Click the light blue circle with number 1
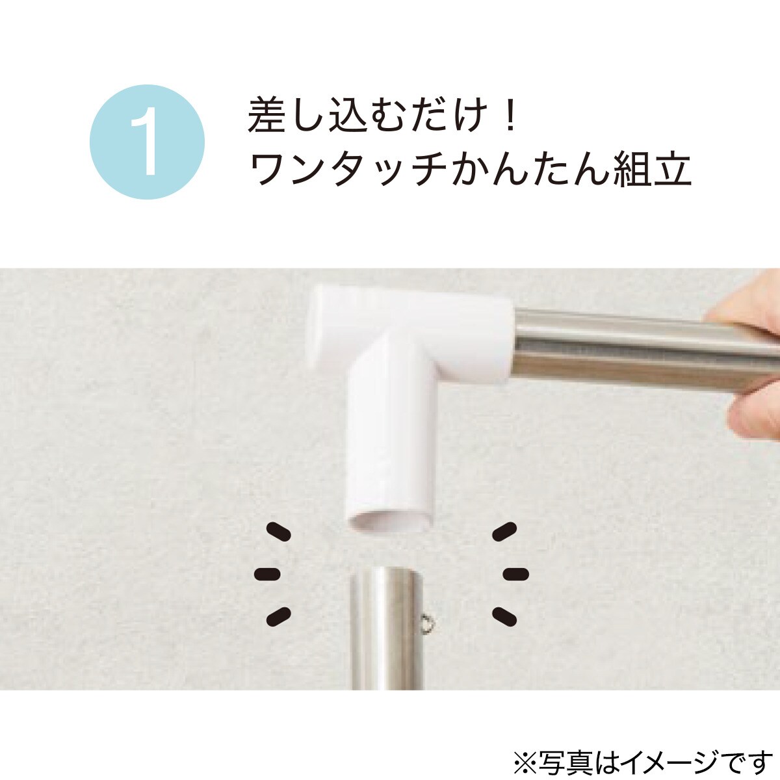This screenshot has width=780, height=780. [x=147, y=142]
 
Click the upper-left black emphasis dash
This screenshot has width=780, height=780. [x=279, y=532]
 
